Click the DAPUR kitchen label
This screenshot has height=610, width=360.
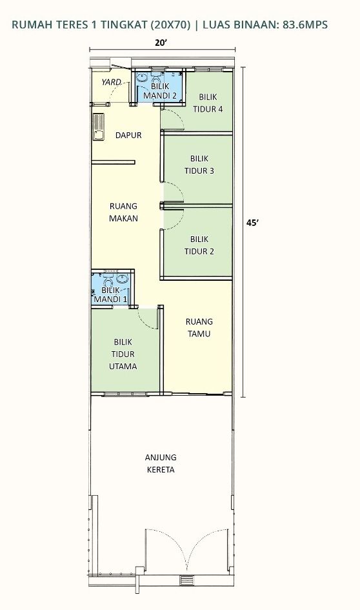click(x=128, y=136)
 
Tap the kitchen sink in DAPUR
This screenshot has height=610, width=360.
click(x=98, y=126)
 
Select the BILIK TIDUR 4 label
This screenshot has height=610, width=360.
click(x=208, y=103)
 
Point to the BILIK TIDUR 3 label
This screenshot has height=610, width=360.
click(x=199, y=165)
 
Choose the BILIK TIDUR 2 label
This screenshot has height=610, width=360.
click(x=199, y=245)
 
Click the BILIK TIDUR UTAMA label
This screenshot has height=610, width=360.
click(x=123, y=354)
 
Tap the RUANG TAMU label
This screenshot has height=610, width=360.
click(x=199, y=327)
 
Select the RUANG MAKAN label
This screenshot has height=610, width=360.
click(x=123, y=212)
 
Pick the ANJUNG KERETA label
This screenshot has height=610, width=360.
click(x=161, y=463)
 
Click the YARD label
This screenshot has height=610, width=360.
click(x=111, y=82)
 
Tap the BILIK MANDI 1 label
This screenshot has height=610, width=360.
click(x=110, y=294)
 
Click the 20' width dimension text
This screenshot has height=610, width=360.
click(x=161, y=43)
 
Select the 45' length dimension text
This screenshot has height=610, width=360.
click(x=252, y=223)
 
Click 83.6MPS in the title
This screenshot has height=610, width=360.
click(x=303, y=25)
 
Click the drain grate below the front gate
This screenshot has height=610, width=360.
click(x=186, y=580)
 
